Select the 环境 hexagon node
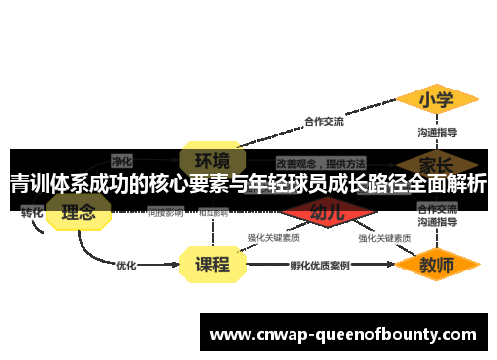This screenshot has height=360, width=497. (212, 159)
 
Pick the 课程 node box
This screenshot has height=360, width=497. (212, 265)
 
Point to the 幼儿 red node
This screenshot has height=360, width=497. (327, 212)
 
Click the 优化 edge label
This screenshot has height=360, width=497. (126, 266)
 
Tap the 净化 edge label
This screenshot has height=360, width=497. (122, 159)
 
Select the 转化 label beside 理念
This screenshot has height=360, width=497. (32, 212)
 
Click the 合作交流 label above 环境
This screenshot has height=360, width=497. (324, 122)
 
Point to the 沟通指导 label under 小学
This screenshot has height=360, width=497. (437, 130)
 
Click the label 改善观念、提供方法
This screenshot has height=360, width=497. (321, 162)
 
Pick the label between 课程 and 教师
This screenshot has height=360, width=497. (320, 266)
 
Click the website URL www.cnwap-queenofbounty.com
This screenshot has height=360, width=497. (343, 334)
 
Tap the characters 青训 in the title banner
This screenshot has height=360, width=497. (29, 184)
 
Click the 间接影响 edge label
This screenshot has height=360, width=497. (165, 212)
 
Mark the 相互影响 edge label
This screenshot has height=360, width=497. (213, 212)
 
